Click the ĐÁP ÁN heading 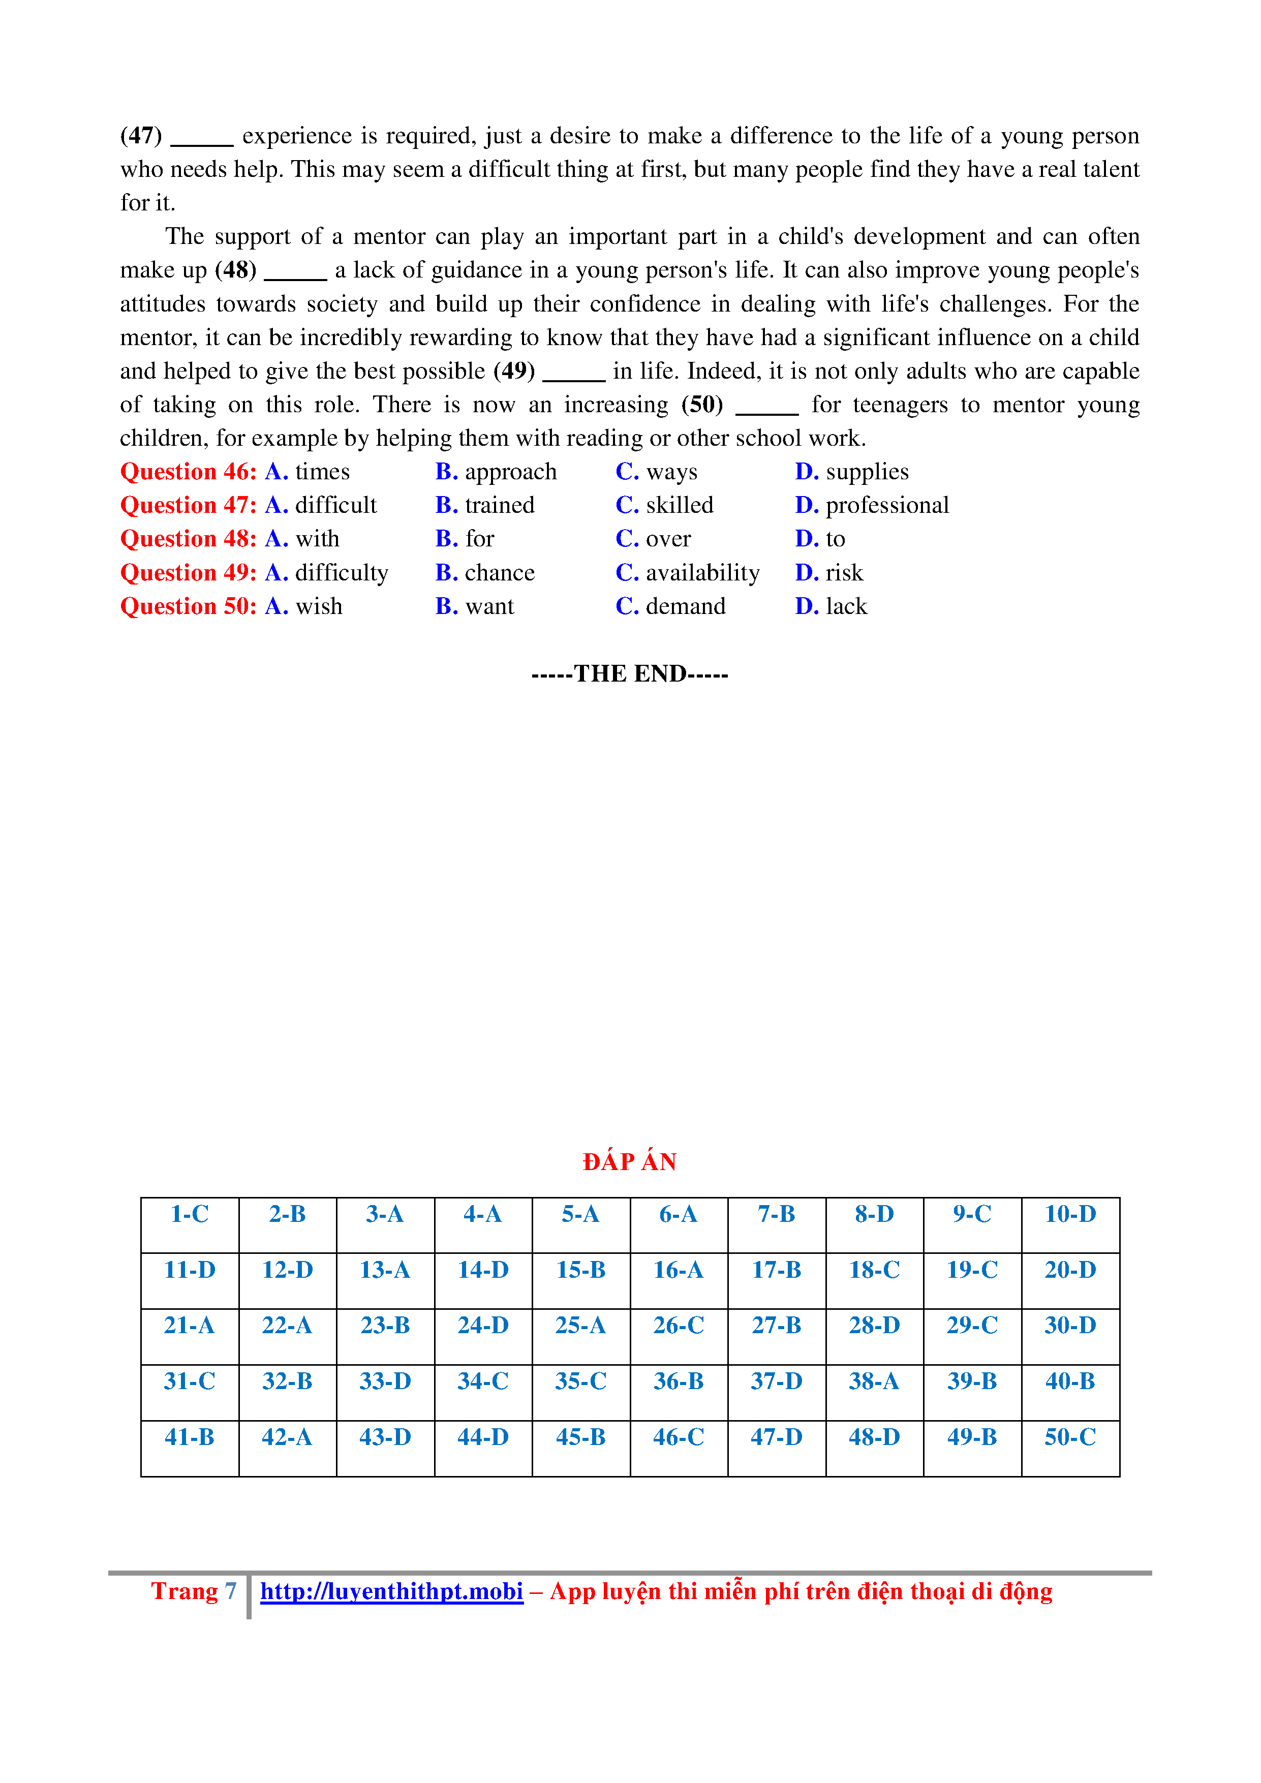tap(630, 1162)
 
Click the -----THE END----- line tap(630, 673)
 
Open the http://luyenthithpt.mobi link tap(391, 1591)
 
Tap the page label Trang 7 tap(193, 1591)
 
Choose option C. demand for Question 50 tap(671, 606)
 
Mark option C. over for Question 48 tap(653, 539)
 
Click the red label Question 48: tap(188, 539)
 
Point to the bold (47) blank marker tap(141, 136)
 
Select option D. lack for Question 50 tap(831, 606)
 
